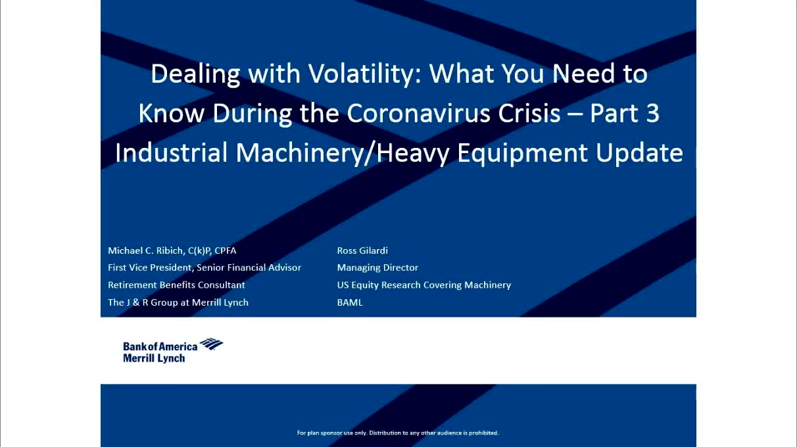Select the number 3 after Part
[x=653, y=114]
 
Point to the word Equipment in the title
[x=523, y=154]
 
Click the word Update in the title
[x=639, y=154]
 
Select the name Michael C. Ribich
[x=145, y=250]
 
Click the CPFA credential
[x=225, y=250]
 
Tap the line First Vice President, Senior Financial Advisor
[x=205, y=268]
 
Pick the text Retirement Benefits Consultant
[x=176, y=285]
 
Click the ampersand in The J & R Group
[x=136, y=302]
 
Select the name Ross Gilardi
[x=362, y=250]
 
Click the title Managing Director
[x=377, y=268]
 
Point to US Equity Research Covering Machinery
[x=424, y=285]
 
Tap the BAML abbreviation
[x=350, y=302]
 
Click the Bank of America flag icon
[x=211, y=344]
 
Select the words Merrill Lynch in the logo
[x=154, y=358]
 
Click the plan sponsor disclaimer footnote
[x=398, y=433]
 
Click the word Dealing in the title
[x=195, y=74]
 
